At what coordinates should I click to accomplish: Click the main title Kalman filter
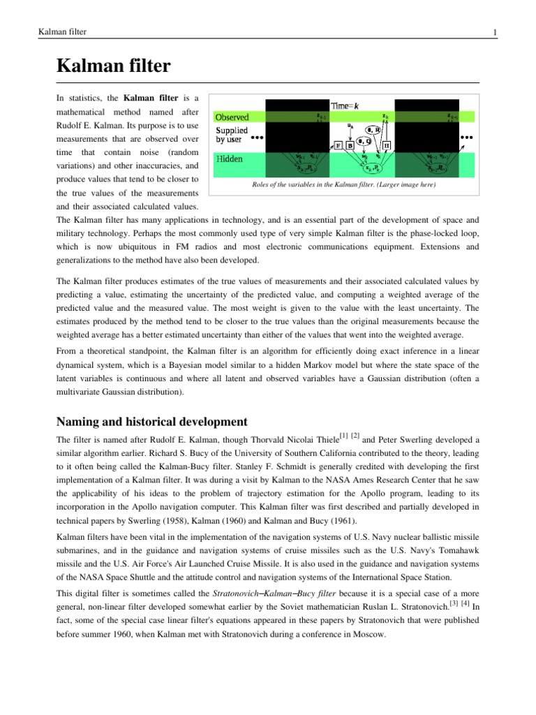point(112,67)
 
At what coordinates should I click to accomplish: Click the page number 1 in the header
point(494,32)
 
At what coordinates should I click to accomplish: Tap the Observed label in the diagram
point(231,117)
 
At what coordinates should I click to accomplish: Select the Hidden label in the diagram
point(229,159)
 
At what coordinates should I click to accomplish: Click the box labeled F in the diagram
point(338,146)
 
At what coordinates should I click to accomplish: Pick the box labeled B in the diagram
point(350,146)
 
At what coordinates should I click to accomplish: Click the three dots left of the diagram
point(258,138)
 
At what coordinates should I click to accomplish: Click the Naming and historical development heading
point(151,422)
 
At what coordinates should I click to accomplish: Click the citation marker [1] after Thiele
point(343,436)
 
